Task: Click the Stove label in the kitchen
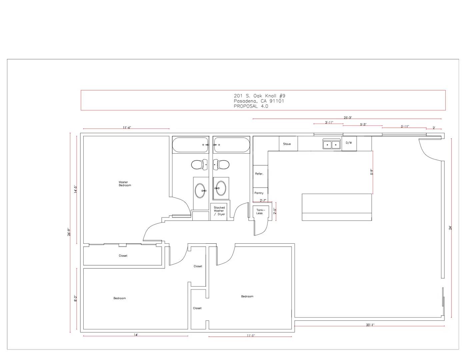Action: tap(287, 144)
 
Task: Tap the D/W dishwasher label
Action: tap(349, 143)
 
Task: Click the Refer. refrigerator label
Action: tap(259, 174)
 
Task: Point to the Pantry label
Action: tap(259, 193)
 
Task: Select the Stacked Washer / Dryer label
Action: tap(219, 211)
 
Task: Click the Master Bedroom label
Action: tap(125, 184)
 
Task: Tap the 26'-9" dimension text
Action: tap(69, 232)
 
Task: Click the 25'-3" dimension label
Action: tap(348, 118)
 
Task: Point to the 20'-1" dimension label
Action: tap(370, 325)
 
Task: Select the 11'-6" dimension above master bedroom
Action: tap(127, 128)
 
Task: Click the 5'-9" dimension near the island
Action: tap(372, 172)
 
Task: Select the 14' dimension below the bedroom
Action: tap(136, 335)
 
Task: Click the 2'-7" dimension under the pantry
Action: tap(263, 200)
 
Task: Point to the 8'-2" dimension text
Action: tap(75, 298)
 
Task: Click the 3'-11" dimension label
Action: tap(329, 123)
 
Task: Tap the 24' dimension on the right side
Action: tap(450, 228)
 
